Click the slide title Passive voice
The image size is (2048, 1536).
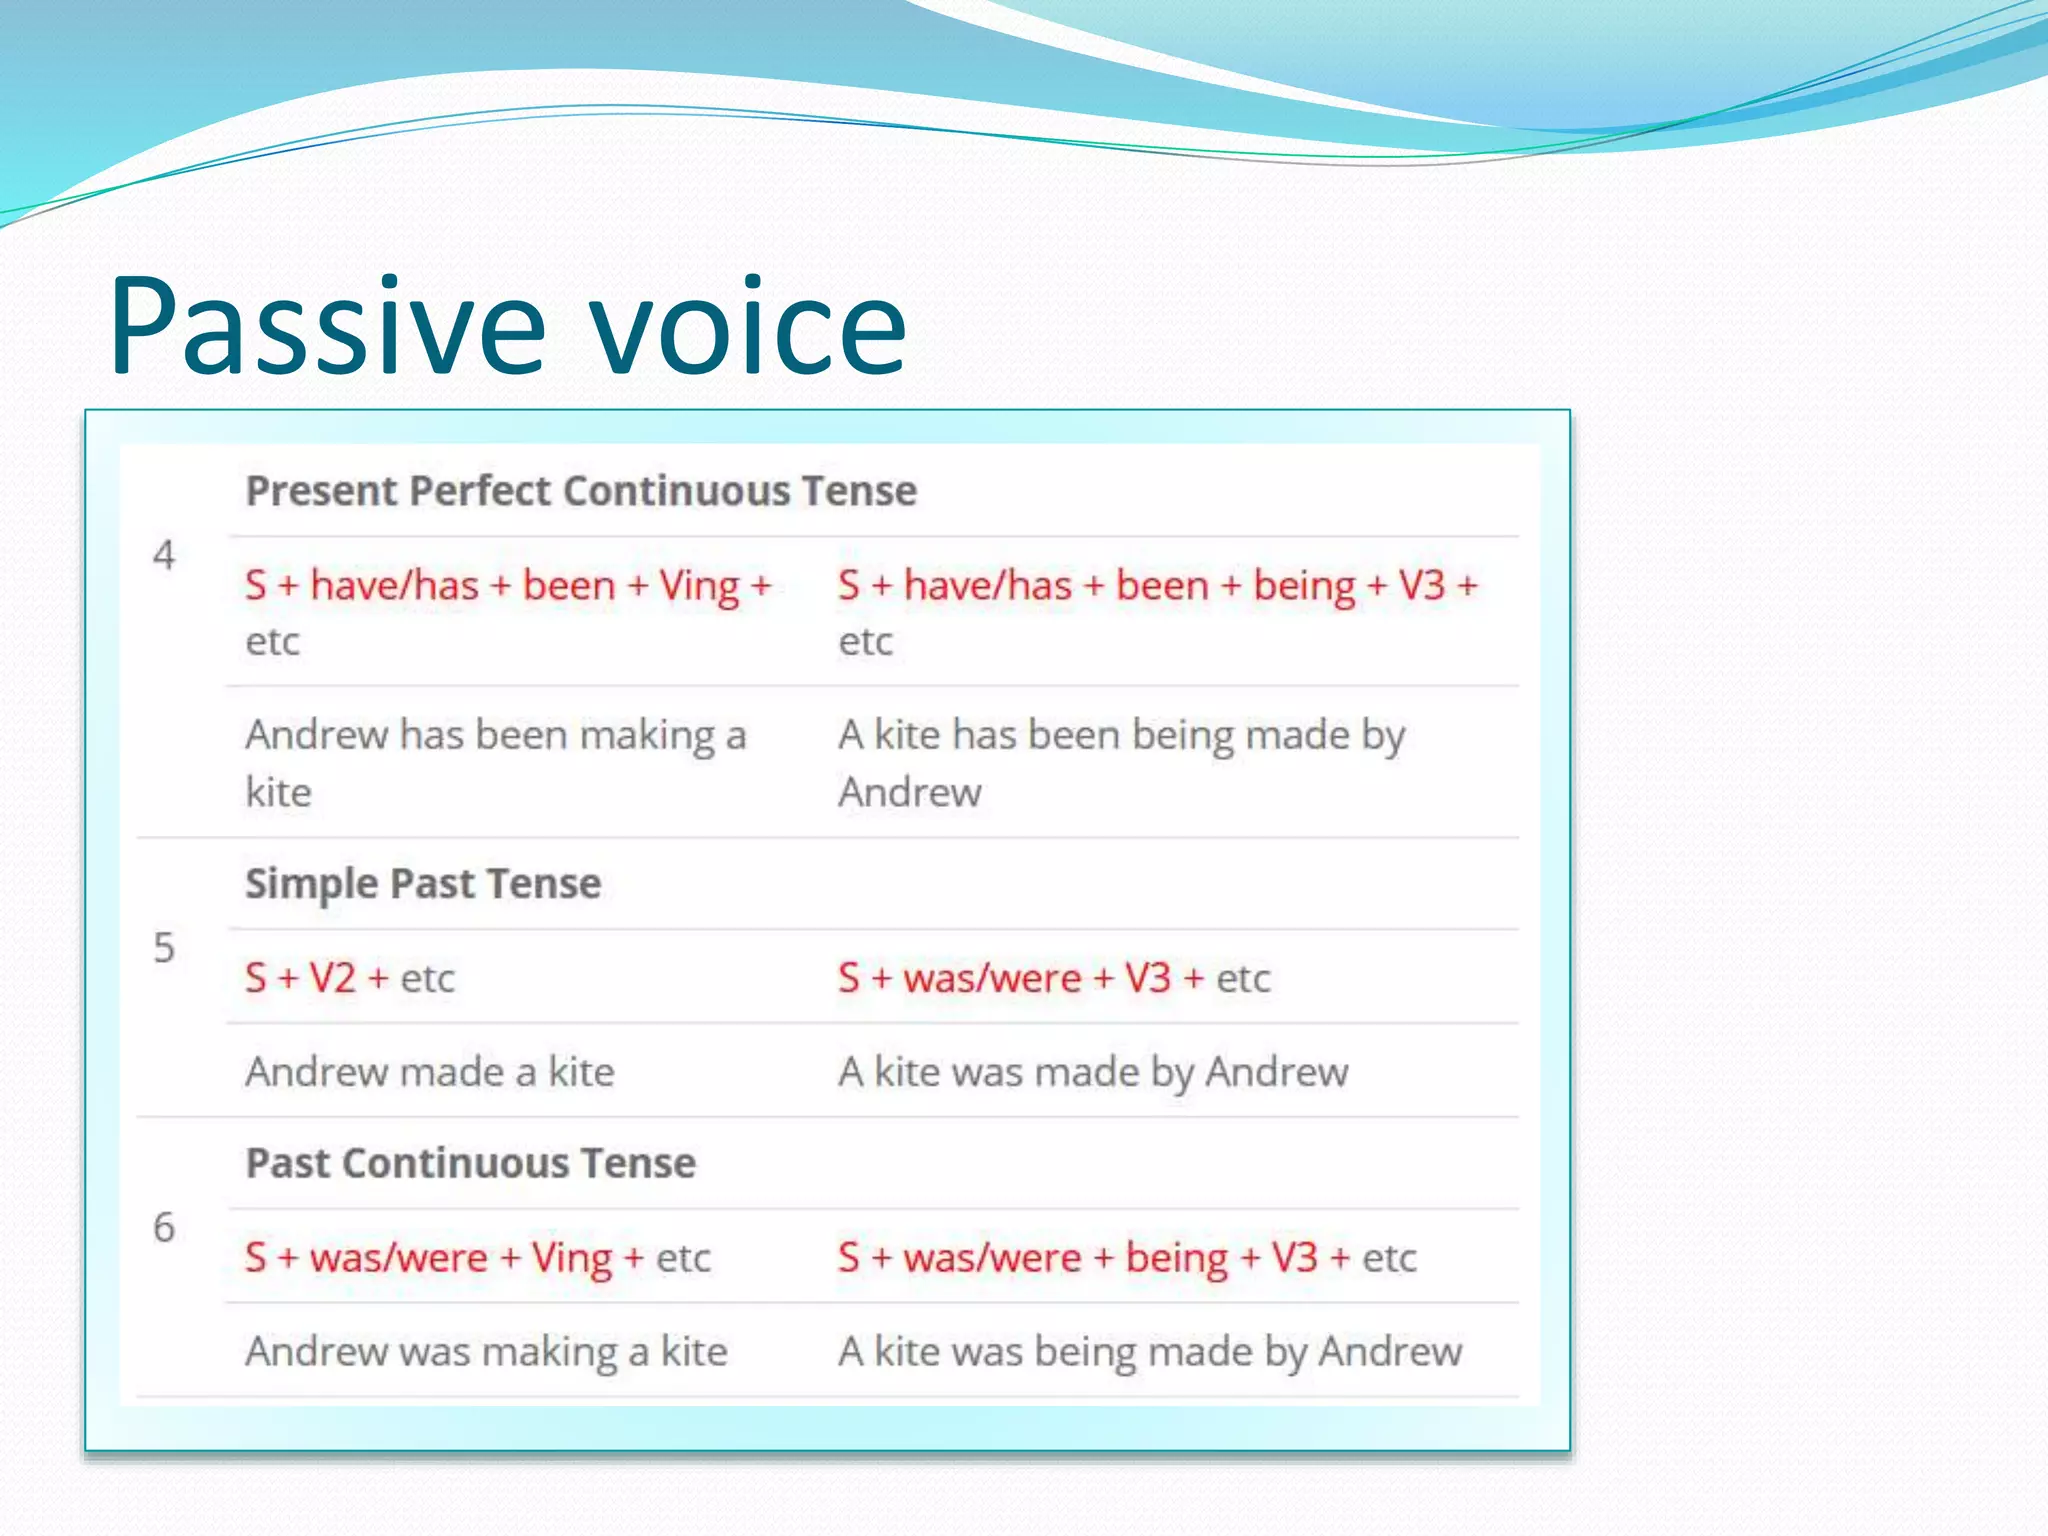[508, 327]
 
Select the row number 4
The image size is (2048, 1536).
[164, 556]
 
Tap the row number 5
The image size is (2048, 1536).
[164, 948]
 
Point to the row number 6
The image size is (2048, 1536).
[164, 1228]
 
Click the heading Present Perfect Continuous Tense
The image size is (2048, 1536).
[581, 491]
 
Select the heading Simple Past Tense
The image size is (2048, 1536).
[423, 884]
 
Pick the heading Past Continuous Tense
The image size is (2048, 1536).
[470, 1164]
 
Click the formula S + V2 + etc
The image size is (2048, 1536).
[350, 978]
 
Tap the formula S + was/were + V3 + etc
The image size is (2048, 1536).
[1054, 978]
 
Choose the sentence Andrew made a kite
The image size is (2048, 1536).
[430, 1072]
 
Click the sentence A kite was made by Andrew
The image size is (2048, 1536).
[1093, 1072]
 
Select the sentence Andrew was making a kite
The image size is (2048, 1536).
[486, 1352]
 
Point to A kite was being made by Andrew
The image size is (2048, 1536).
[1150, 1352]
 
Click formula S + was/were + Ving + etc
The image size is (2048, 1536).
[478, 1258]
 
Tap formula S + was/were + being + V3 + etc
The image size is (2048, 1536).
[1127, 1258]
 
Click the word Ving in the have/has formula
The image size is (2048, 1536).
[699, 587]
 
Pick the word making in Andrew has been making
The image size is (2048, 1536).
[648, 737]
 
